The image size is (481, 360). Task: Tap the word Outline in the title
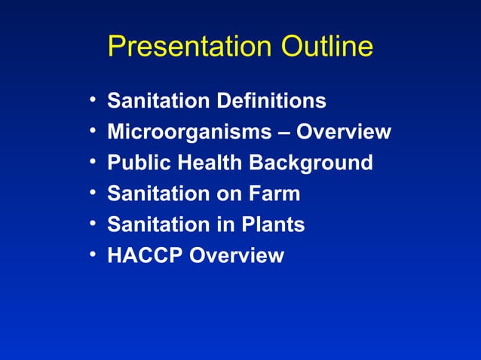(327, 47)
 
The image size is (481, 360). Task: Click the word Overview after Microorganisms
(344, 132)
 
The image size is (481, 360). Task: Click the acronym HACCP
(145, 255)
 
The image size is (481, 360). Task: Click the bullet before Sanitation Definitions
(92, 101)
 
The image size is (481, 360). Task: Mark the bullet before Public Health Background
(92, 163)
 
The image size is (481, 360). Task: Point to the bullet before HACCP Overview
(92, 255)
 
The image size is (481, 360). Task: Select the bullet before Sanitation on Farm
(92, 194)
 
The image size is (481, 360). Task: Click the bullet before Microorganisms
(92, 132)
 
